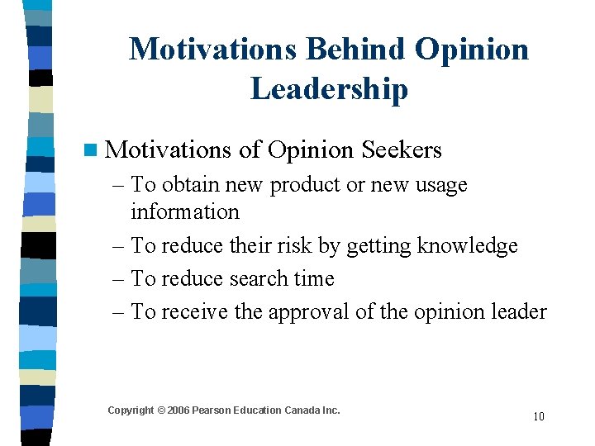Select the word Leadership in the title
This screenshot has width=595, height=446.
(329, 88)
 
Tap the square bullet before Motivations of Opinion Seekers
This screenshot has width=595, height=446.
(90, 150)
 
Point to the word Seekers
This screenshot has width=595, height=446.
(401, 149)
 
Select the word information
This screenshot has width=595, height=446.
(184, 211)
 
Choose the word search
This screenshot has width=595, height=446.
(259, 278)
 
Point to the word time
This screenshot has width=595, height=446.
(313, 278)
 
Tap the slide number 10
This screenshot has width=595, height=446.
(538, 416)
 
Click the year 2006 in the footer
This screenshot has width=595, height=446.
(179, 410)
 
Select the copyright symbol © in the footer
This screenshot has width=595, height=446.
(161, 410)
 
